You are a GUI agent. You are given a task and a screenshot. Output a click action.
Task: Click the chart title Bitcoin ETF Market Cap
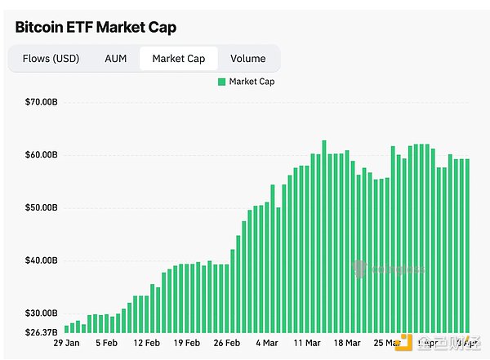(x=96, y=27)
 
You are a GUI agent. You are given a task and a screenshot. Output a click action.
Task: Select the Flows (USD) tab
(x=50, y=59)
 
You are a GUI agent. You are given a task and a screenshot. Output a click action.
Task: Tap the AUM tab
(x=115, y=59)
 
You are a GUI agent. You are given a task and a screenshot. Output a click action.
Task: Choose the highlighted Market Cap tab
(x=178, y=59)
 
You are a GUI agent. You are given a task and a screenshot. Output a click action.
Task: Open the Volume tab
(x=247, y=59)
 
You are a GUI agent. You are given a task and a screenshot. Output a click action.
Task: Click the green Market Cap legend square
(x=221, y=82)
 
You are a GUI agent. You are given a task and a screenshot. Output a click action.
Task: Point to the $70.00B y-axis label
(x=42, y=102)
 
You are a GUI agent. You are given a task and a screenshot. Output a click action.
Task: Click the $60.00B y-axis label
(x=42, y=155)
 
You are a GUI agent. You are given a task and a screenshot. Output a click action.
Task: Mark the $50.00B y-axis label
(x=42, y=208)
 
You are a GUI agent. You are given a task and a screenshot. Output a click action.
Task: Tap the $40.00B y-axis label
(x=42, y=261)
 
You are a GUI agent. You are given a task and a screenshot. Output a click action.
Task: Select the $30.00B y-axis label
(x=42, y=313)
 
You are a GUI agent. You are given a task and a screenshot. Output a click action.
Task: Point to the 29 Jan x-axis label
(x=66, y=344)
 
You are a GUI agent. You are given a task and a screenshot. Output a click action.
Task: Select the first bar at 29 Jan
(x=66, y=329)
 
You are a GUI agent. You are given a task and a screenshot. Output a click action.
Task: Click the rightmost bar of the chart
(x=466, y=245)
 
